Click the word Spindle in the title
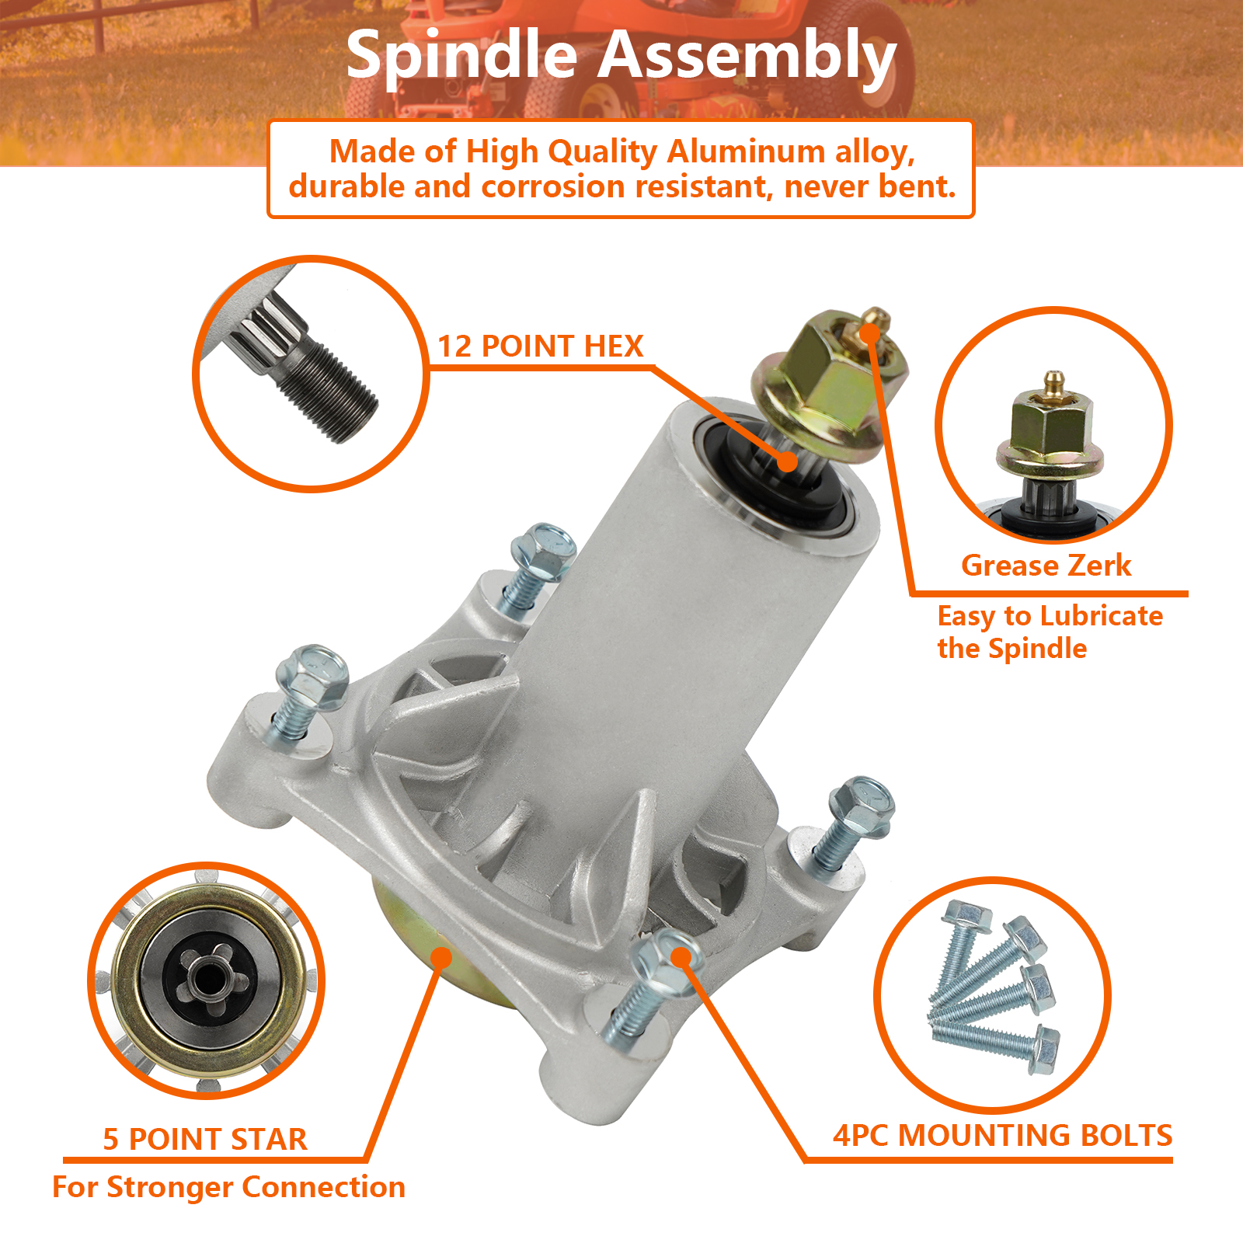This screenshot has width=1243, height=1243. coord(461,56)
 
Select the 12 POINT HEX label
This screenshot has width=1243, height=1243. coord(541,346)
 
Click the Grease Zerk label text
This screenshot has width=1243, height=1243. coord(1046,566)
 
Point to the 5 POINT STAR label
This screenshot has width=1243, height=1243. coord(205,1140)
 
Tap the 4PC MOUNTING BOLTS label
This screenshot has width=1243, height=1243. coord(1002,1136)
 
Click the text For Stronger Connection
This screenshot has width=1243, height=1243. coord(228,1188)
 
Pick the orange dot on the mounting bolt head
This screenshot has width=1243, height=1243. coord(681,957)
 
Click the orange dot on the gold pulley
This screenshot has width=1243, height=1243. coord(440,958)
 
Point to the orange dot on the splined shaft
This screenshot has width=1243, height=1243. coord(787,461)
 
